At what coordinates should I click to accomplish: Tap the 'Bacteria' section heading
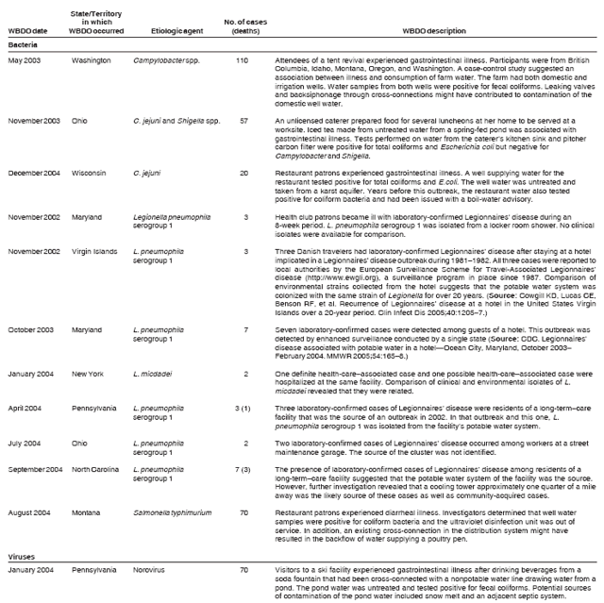pyautogui.click(x=25, y=44)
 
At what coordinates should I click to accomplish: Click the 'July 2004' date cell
pyautogui.click(x=26, y=441)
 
